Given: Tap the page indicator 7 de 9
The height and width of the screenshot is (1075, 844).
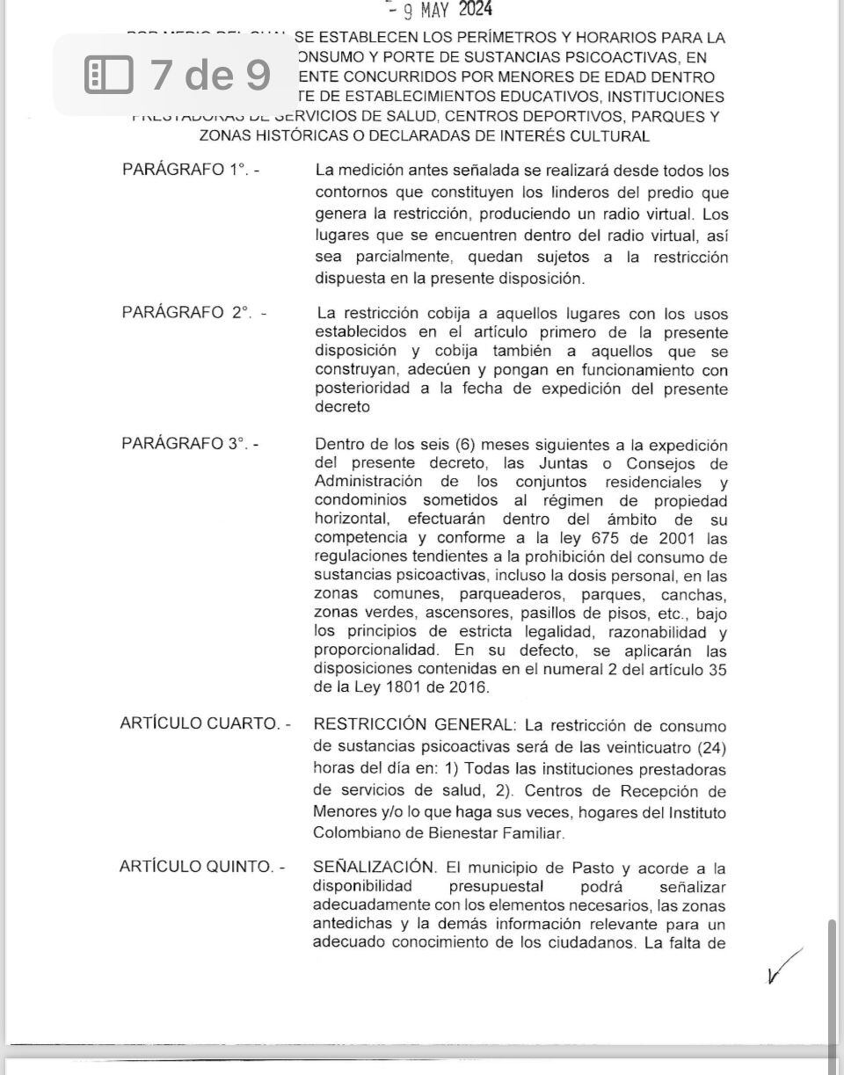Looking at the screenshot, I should click(x=210, y=75).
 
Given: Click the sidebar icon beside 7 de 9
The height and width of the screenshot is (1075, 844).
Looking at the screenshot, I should click(x=108, y=75).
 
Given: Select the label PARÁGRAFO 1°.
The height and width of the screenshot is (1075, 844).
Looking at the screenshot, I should click(x=190, y=171).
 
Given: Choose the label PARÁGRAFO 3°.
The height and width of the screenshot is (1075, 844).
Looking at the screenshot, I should click(x=190, y=444).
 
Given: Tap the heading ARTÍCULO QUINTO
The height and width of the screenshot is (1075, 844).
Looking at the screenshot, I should click(x=202, y=867).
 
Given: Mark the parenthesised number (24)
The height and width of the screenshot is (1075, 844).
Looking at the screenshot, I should click(x=711, y=745).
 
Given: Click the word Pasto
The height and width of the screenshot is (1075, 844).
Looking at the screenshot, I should click(x=587, y=867).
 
